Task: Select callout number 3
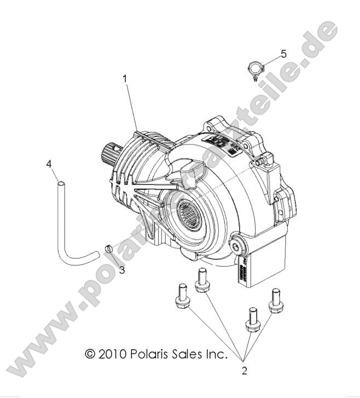[122, 269]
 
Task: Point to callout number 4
[49, 164]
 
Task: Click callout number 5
[283, 53]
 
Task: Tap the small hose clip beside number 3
[108, 250]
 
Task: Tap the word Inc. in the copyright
[217, 354]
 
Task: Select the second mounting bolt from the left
[201, 279]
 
